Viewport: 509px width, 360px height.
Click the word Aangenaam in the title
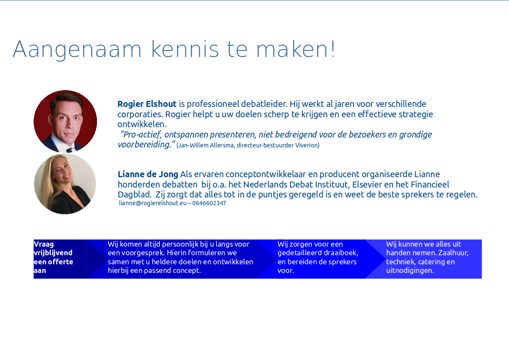point(77,50)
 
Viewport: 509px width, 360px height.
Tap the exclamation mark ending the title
point(333,49)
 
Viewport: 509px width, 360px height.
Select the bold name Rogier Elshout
point(147,104)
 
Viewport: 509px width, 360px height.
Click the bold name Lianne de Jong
point(148,174)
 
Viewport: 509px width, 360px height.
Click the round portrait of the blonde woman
point(65,184)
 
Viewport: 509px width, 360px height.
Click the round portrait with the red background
point(65,122)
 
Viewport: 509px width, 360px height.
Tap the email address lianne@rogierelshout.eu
point(153,203)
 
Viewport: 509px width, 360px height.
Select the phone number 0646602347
point(209,203)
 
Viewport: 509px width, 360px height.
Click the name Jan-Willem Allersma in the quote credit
point(206,145)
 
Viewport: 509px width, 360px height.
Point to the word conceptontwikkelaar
point(265,175)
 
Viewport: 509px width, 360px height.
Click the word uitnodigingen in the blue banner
point(410,270)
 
